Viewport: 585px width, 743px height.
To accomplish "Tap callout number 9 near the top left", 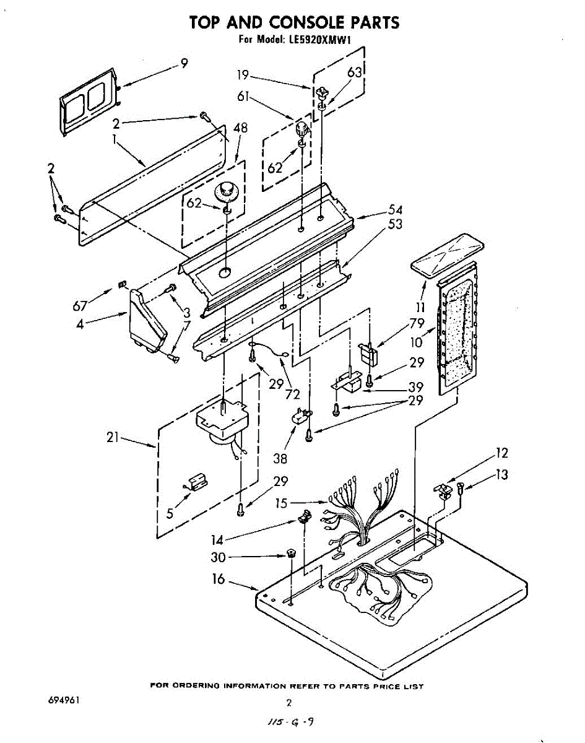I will tap(184, 63).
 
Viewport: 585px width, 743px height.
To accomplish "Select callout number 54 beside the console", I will tap(395, 209).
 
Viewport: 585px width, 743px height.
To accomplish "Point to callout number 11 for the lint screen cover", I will tap(421, 306).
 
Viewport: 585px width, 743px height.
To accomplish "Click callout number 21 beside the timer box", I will tap(113, 438).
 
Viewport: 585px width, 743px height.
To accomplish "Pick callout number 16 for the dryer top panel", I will tap(219, 580).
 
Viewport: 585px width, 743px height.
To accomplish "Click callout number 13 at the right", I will tap(501, 474).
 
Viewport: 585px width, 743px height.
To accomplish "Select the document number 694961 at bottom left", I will tap(64, 700).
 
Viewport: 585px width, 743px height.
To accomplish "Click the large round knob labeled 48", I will tap(227, 189).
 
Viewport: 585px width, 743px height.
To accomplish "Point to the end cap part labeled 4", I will tap(147, 322).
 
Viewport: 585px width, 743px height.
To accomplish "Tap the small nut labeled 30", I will tap(289, 553).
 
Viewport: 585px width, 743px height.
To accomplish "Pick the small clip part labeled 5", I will tap(197, 481).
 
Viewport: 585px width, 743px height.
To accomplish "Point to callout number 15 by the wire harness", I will tap(282, 503).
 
